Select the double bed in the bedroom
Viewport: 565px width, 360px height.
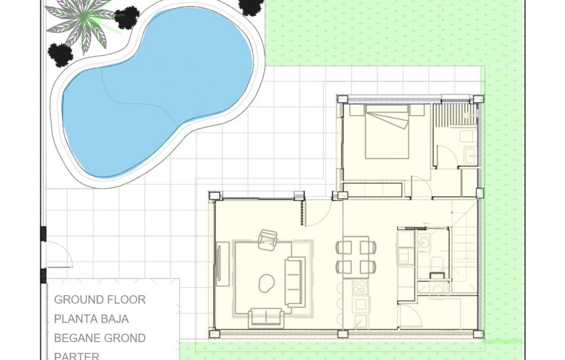point(387,132)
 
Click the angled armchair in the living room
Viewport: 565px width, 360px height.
point(268,240)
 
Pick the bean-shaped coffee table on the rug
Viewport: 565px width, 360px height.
point(266,283)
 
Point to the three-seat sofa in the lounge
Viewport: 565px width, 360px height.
point(295,281)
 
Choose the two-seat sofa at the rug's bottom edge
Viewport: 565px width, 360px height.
point(266,318)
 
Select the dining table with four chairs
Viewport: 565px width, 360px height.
point(356,257)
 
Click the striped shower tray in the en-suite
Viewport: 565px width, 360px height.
point(454,113)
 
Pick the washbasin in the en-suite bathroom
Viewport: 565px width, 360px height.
point(470,154)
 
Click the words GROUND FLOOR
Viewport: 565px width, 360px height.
point(100,300)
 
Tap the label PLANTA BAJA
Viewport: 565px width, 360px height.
point(91,319)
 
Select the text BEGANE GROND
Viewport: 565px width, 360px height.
point(100,338)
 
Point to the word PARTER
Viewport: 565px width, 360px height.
point(77,355)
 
